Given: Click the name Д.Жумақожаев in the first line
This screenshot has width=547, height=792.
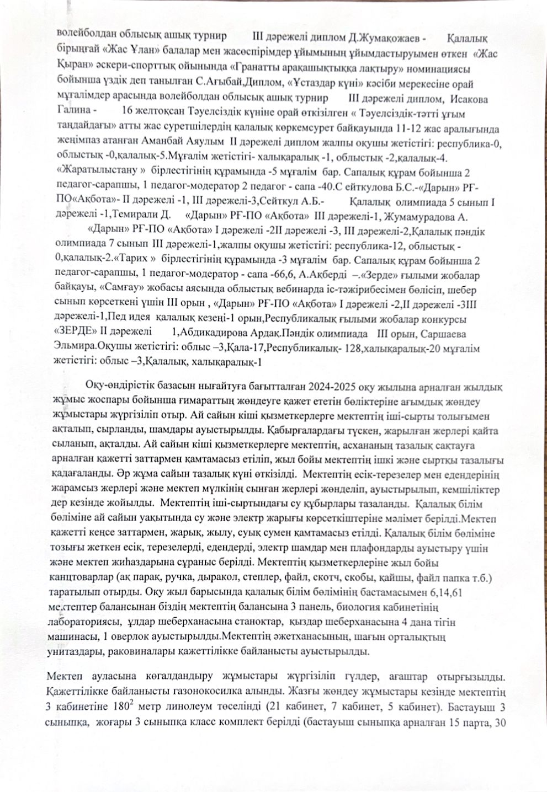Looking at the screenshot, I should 387,38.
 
